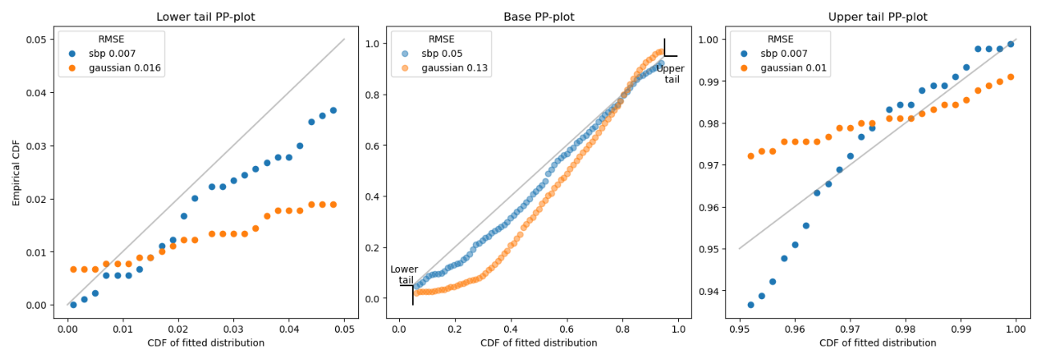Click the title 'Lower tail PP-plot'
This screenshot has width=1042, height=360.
[x=205, y=17]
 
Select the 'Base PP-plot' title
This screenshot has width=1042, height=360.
[x=539, y=17]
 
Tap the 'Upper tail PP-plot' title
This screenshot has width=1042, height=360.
[x=877, y=17]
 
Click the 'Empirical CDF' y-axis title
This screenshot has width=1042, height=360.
[x=17, y=172]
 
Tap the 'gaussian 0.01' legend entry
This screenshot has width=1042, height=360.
[x=794, y=68]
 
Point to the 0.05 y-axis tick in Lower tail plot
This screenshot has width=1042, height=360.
[x=36, y=39]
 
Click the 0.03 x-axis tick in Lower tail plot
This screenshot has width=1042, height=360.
[x=233, y=329]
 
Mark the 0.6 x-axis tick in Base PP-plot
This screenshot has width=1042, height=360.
[x=567, y=329]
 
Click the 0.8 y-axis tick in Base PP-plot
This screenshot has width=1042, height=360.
[x=372, y=95]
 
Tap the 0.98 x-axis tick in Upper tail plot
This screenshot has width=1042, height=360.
[x=905, y=329]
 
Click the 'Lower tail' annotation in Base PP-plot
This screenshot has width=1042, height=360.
[x=404, y=275]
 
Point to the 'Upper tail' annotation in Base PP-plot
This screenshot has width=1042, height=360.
[x=670, y=74]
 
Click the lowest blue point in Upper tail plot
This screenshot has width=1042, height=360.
[x=750, y=305]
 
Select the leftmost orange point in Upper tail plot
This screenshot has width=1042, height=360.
[x=750, y=156]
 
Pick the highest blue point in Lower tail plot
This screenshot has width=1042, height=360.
[x=333, y=111]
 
